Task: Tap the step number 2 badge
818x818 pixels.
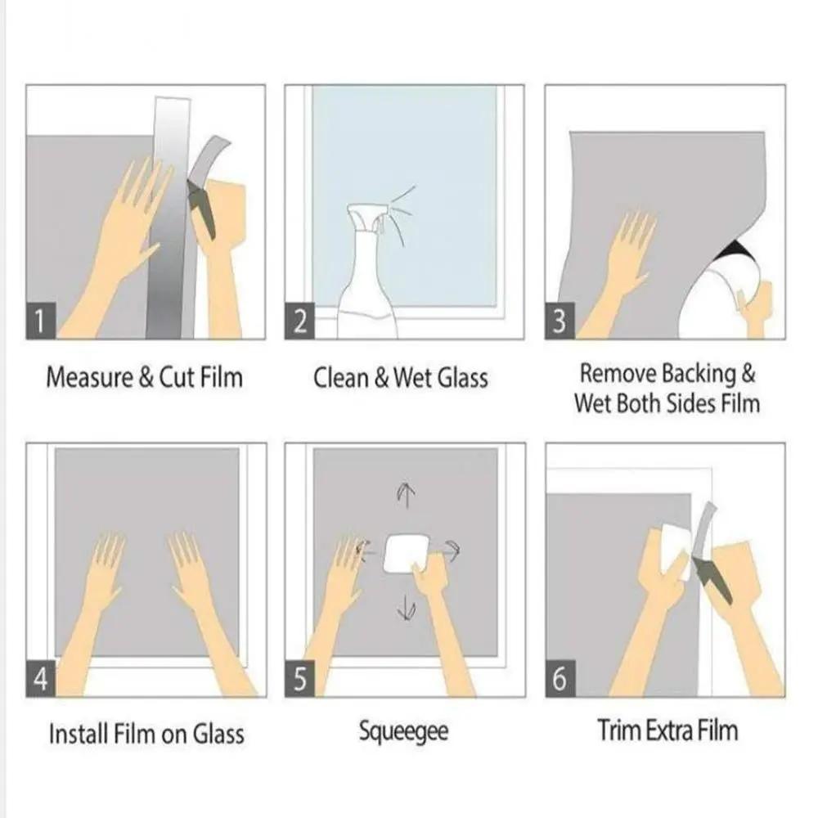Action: coord(299,321)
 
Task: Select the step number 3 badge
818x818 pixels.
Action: coord(560,321)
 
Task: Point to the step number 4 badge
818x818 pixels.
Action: coord(41,678)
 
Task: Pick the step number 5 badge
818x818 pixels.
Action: coord(299,678)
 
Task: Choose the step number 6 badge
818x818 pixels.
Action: coord(560,678)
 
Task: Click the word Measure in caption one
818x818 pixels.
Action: coord(89,377)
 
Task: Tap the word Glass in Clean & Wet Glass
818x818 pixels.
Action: coord(463,377)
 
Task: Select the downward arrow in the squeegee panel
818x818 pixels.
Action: coord(407,609)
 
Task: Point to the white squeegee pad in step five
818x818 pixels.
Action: coord(404,553)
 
